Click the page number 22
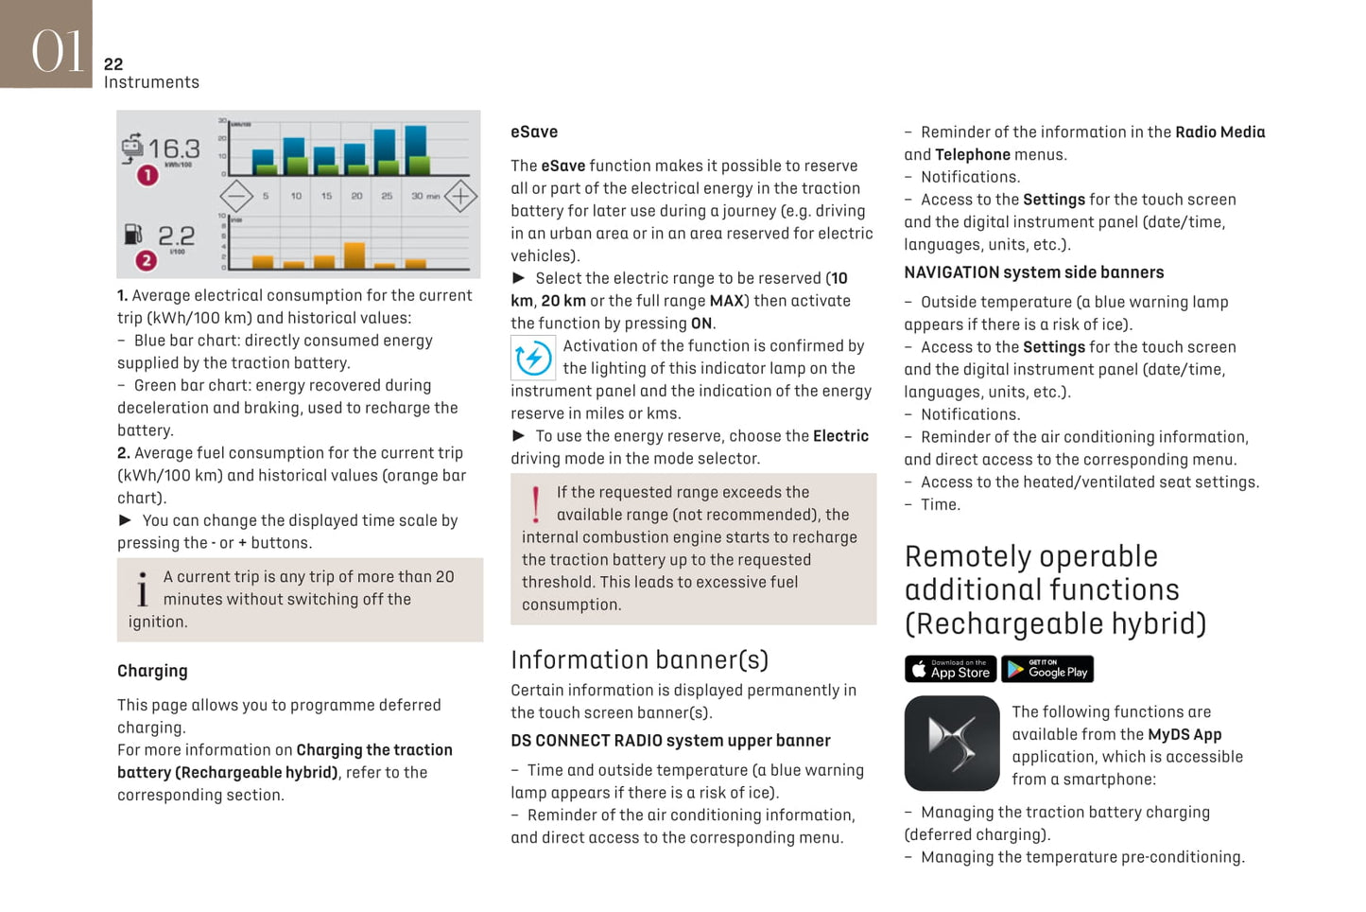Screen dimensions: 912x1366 click(x=113, y=64)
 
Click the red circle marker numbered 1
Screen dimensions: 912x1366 click(x=147, y=175)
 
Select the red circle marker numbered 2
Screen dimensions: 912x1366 click(x=147, y=260)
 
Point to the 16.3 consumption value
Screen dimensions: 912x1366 click(x=174, y=149)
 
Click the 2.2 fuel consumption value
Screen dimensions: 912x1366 click(x=177, y=235)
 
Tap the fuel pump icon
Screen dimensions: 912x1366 click(x=133, y=233)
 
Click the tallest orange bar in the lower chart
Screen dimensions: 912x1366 click(x=354, y=255)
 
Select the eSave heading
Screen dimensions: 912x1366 click(x=534, y=132)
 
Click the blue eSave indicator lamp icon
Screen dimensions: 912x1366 click(x=533, y=359)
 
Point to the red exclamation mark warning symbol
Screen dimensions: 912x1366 click(x=536, y=504)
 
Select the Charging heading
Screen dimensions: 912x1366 click(x=152, y=671)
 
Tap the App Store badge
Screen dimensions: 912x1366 click(x=950, y=669)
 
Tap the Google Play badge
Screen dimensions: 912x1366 click(x=1047, y=669)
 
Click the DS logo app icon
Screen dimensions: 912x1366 click(x=952, y=744)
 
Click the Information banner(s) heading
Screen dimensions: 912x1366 click(x=639, y=659)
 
